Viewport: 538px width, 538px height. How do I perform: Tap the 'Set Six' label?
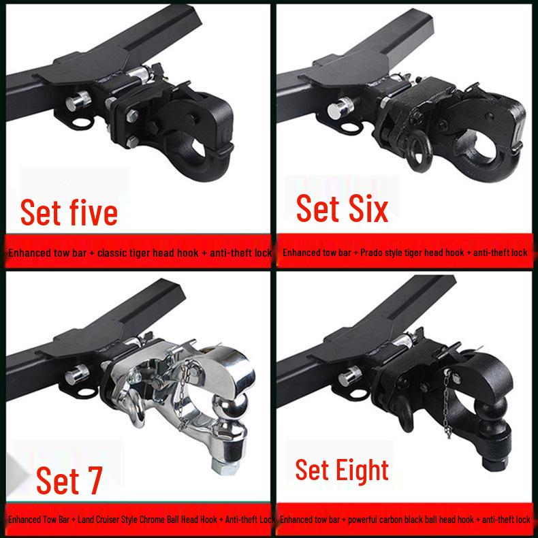pyautogui.click(x=342, y=208)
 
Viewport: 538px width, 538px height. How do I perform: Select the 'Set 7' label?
pyautogui.click(x=69, y=480)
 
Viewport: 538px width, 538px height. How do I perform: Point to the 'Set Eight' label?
pyautogui.click(x=342, y=470)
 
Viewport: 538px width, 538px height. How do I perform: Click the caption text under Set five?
pyautogui.click(x=140, y=253)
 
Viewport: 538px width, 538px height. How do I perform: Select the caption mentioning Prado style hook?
pyautogui.click(x=405, y=253)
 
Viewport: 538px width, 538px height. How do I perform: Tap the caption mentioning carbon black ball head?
pyautogui.click(x=405, y=520)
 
